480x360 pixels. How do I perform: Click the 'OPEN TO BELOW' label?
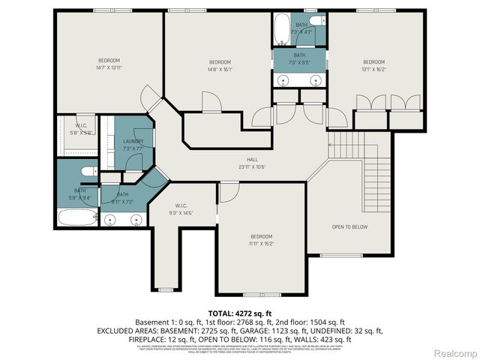coord(349,226)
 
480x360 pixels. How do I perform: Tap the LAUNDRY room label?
coord(133,141)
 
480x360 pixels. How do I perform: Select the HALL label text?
coord(253,160)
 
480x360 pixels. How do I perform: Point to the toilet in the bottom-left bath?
coord(86,172)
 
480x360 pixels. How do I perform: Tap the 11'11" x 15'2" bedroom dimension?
coord(261,243)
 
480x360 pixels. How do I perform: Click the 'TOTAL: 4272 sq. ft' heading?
coord(239,312)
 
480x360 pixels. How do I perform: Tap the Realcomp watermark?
coord(454,352)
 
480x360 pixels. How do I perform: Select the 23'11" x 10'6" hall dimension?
coord(253,166)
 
